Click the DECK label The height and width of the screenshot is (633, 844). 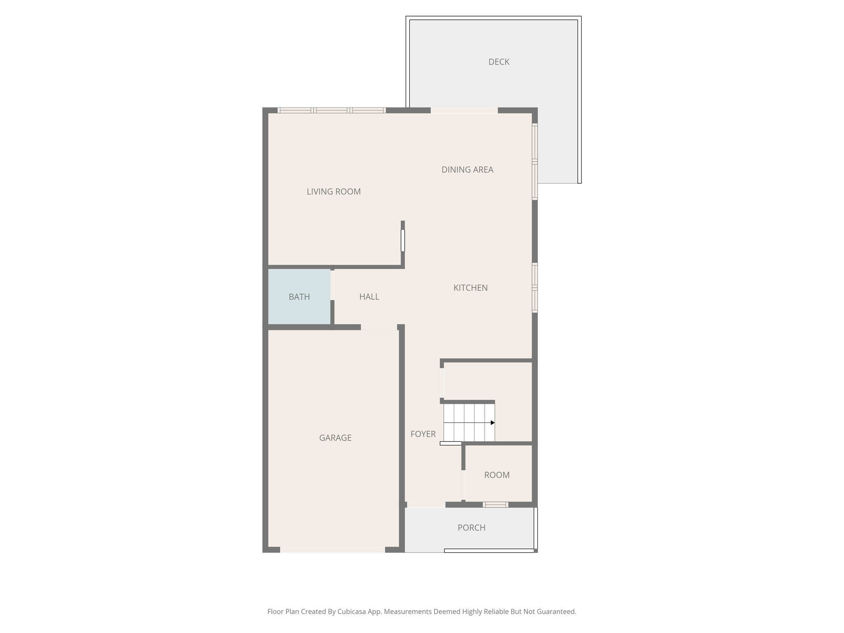[499, 62]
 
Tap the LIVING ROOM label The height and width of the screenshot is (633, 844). [333, 192]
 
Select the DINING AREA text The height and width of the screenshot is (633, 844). [467, 170]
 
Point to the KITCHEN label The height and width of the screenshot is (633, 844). [470, 288]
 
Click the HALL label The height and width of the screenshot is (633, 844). [369, 297]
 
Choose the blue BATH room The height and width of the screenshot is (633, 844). [299, 297]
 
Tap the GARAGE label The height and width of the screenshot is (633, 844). [335, 438]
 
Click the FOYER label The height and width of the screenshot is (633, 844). [423, 434]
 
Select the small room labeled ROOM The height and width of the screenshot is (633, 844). [497, 475]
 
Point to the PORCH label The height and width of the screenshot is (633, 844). [471, 528]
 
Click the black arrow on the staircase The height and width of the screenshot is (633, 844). [492, 423]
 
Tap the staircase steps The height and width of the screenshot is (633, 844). [468, 422]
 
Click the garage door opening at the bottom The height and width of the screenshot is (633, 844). [332, 550]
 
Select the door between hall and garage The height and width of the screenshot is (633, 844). [379, 327]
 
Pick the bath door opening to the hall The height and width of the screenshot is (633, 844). [332, 285]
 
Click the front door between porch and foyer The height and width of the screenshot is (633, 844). [426, 504]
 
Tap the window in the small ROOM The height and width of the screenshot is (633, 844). [495, 504]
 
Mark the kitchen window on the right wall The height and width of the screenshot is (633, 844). [535, 288]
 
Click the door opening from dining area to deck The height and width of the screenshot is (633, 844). [464, 110]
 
